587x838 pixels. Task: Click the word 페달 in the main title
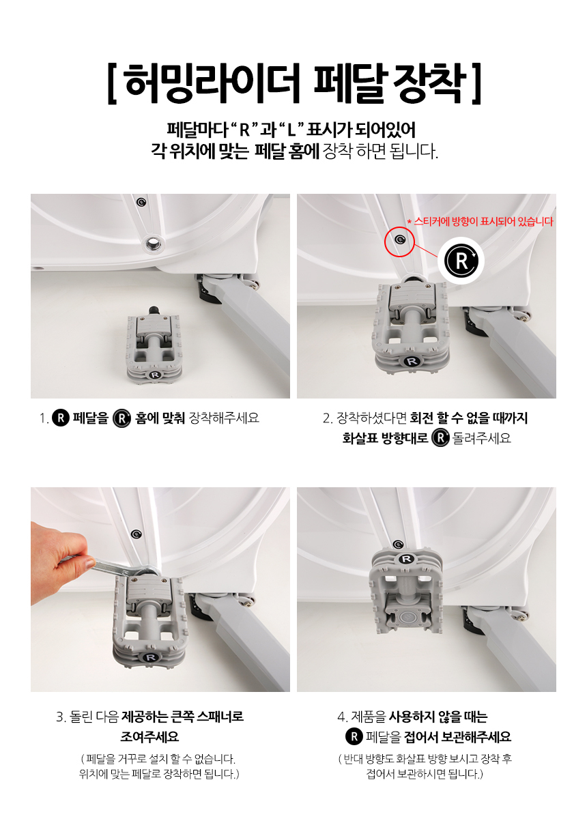coord(349,83)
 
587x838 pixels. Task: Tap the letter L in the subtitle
coord(291,130)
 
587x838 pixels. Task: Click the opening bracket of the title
coord(112,84)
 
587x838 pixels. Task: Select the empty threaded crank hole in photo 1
coord(153,245)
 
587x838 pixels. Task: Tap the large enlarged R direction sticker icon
coord(461,261)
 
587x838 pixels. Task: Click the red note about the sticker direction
coord(480,222)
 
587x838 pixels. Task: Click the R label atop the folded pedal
coord(406,559)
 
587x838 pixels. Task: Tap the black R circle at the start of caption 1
coord(61,418)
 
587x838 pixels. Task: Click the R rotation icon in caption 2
coord(440,437)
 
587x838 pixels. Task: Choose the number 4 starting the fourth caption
coord(341,717)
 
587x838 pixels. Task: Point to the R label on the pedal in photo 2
coord(411,361)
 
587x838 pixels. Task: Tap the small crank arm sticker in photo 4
coord(398,545)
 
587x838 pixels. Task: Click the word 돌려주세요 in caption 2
coord(482,438)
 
